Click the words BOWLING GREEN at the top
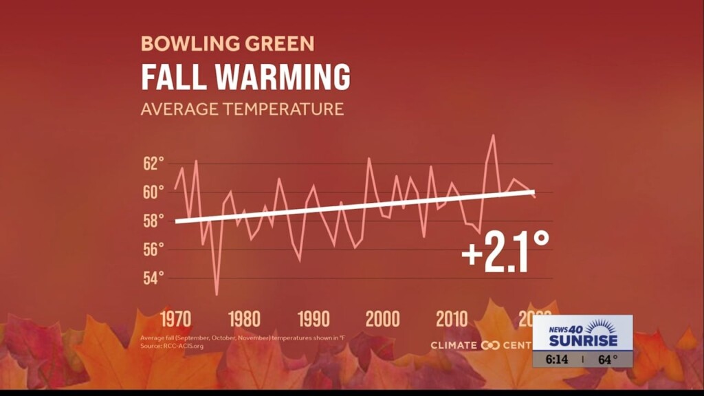[x=228, y=44]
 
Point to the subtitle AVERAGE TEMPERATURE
[x=242, y=109]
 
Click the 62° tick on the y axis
[x=153, y=164]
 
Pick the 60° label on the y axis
[x=153, y=192]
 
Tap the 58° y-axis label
[x=153, y=221]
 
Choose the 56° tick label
[x=153, y=249]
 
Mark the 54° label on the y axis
[x=153, y=278]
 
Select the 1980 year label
[x=244, y=319]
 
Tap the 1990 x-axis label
[x=313, y=319]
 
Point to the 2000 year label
[x=382, y=319]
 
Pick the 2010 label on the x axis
[x=451, y=319]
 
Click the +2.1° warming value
[x=505, y=251]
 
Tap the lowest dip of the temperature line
[x=217, y=294]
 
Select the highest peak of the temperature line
[x=493, y=135]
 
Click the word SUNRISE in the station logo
[x=583, y=340]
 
